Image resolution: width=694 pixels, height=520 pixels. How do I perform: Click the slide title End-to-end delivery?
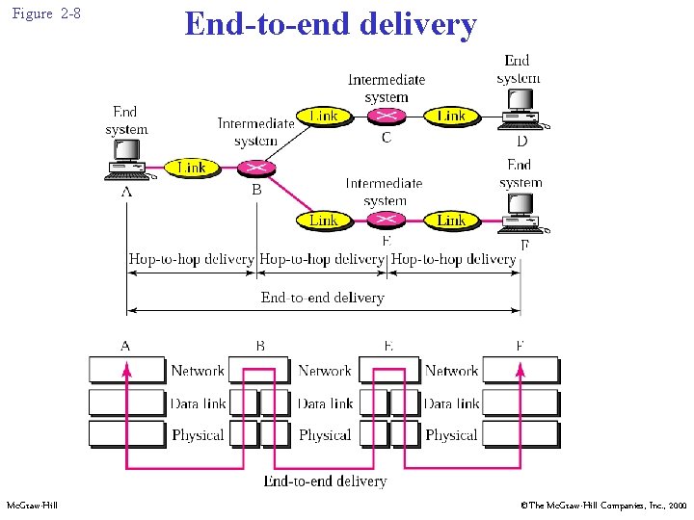click(x=330, y=24)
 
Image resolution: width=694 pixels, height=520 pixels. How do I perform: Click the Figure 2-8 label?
click(x=46, y=15)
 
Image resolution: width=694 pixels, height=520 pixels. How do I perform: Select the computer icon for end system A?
click(x=127, y=161)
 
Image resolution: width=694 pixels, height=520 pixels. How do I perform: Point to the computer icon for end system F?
click(x=521, y=214)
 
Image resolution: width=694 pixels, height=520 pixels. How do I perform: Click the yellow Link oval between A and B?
click(x=191, y=168)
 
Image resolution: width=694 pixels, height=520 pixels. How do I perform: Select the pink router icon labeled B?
click(x=256, y=168)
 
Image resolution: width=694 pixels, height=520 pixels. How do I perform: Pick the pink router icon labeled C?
click(x=386, y=117)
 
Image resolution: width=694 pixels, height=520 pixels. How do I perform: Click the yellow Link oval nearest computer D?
click(x=451, y=117)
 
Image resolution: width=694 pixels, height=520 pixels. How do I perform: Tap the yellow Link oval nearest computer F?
click(x=451, y=221)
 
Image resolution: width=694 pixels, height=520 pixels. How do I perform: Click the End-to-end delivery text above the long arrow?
click(x=322, y=298)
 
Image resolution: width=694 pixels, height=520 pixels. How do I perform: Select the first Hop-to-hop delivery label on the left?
click(x=191, y=259)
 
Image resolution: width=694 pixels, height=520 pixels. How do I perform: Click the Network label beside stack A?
click(x=197, y=371)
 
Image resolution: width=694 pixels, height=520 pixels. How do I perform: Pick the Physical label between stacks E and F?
click(x=451, y=435)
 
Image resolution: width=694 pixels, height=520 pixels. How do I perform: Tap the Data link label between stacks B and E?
click(x=325, y=403)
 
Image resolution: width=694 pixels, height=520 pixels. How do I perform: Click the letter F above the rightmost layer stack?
click(x=520, y=345)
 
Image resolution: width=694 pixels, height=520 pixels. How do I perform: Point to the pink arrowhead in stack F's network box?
click(x=520, y=364)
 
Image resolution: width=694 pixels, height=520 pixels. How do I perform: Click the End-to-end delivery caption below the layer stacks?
click(x=325, y=481)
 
